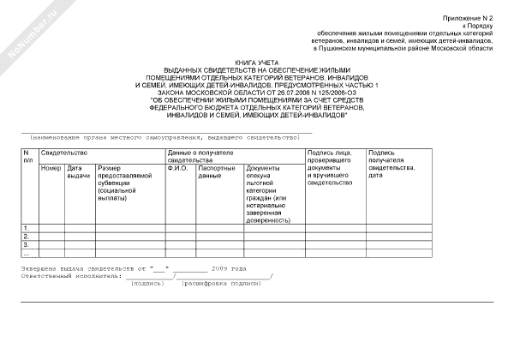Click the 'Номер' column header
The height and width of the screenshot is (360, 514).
point(51,167)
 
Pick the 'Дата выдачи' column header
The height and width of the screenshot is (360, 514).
point(78,171)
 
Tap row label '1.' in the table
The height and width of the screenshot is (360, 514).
point(27,227)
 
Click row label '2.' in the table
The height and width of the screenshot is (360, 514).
point(27,236)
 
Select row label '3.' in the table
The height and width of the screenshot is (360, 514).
point(27,244)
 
